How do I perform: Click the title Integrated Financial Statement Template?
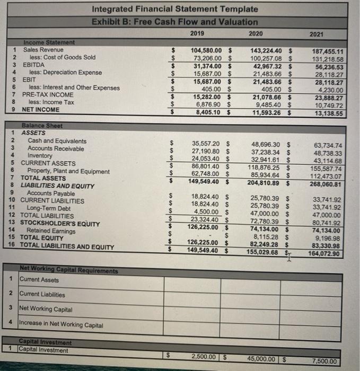(x=175, y=9)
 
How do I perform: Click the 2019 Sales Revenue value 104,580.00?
(x=208, y=50)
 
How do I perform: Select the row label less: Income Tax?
(x=51, y=102)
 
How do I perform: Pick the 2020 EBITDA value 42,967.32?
(x=268, y=65)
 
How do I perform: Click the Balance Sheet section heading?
(x=42, y=126)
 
